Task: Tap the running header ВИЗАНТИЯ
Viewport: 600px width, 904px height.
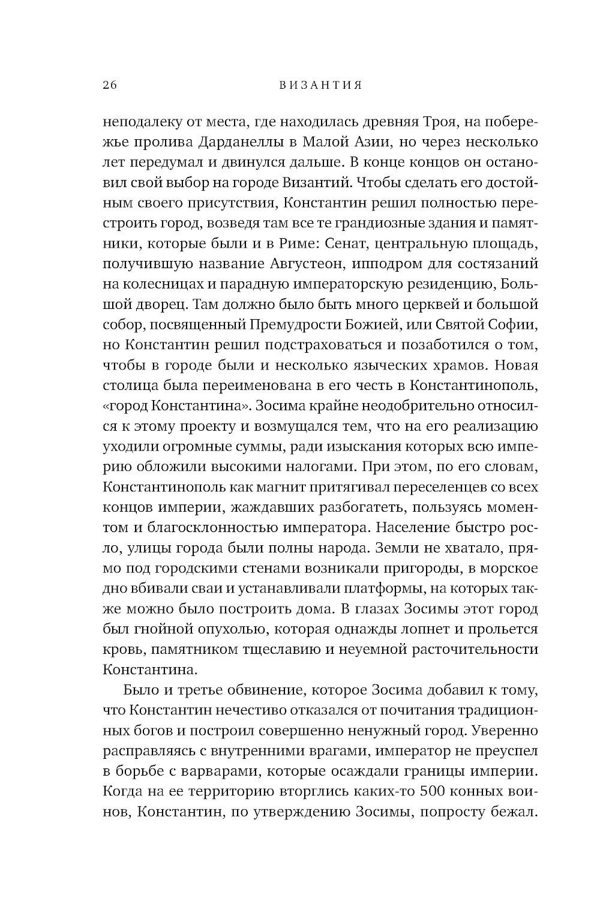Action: click(x=321, y=85)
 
